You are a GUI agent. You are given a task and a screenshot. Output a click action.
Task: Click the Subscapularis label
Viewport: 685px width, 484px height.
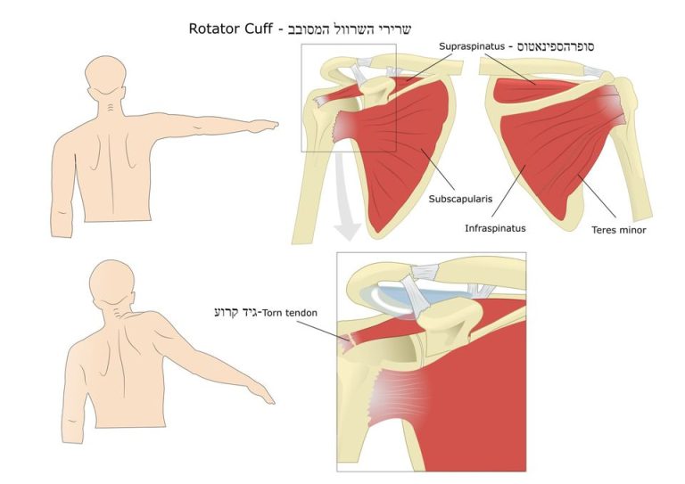pos(460,199)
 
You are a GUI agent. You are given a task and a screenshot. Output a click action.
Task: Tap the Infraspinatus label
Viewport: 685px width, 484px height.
pos(495,228)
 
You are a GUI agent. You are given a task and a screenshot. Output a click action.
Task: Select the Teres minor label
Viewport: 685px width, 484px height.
pos(619,230)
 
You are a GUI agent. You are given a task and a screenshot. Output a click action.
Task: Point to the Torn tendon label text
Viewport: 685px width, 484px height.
pos(289,313)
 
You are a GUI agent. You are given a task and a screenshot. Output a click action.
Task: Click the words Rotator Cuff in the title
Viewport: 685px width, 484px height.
pos(231,29)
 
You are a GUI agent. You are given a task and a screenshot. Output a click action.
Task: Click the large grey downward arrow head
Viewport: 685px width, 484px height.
pos(347,232)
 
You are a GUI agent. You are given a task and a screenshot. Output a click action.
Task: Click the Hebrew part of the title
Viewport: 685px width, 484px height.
pos(350,29)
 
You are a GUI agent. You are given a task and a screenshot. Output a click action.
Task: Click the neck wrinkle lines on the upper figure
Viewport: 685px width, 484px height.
pos(112,106)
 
